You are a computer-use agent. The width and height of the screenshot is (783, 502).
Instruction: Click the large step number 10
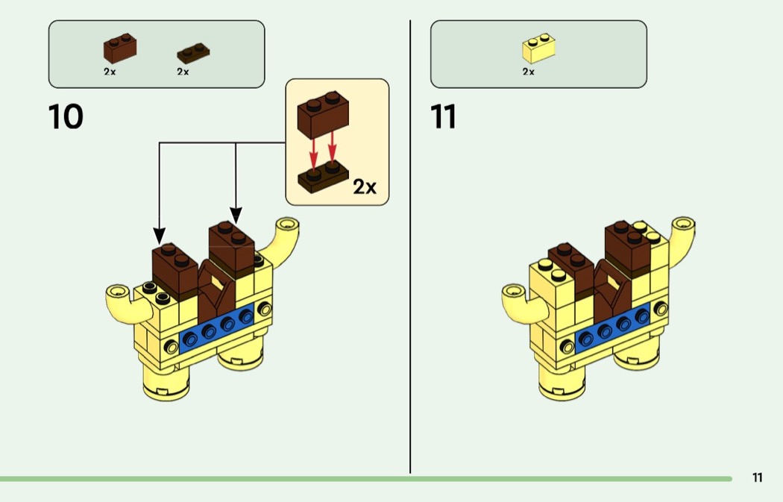coord(66,117)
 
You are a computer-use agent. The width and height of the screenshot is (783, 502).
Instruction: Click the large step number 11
coord(443,117)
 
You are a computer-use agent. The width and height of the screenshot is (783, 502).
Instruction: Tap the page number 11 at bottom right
coord(757,478)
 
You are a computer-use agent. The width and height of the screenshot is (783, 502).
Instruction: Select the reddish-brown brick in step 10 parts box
coord(119,49)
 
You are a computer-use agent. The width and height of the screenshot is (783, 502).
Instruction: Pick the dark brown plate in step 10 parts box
coord(192,53)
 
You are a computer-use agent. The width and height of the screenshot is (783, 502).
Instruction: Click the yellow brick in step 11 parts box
coord(538,49)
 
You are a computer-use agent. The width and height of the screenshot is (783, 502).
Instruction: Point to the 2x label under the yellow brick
coord(528,72)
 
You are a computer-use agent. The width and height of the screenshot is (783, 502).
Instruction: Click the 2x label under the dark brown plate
coord(183,72)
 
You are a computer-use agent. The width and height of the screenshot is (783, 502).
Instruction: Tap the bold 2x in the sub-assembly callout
coord(365,186)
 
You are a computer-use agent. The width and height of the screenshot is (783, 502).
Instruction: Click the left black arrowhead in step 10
coord(159,235)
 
